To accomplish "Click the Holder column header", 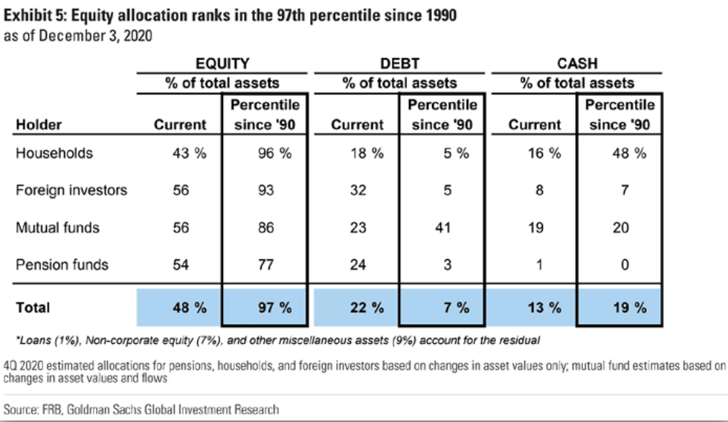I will (x=38, y=124).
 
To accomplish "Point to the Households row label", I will (x=54, y=154).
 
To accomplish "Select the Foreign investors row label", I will (x=71, y=190).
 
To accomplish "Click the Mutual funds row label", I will (x=58, y=228).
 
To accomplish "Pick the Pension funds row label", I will (x=62, y=264).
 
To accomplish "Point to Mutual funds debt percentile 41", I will (x=442, y=228).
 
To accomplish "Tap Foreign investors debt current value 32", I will (x=358, y=190).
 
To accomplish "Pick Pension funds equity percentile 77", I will (x=265, y=264).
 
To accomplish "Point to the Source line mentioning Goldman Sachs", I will (x=142, y=409).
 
